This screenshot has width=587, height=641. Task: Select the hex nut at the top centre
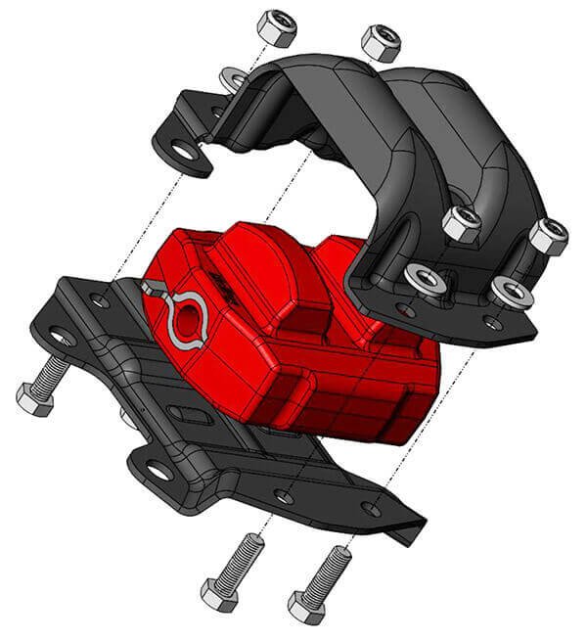point(378,42)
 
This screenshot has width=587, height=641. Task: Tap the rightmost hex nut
point(549,237)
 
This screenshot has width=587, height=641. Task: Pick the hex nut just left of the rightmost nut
point(461,224)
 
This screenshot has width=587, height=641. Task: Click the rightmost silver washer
point(512,291)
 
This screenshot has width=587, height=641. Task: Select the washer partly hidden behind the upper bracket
point(234,78)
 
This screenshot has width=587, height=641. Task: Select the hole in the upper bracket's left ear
point(184,151)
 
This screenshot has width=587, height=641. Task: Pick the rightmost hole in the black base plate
point(371,507)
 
